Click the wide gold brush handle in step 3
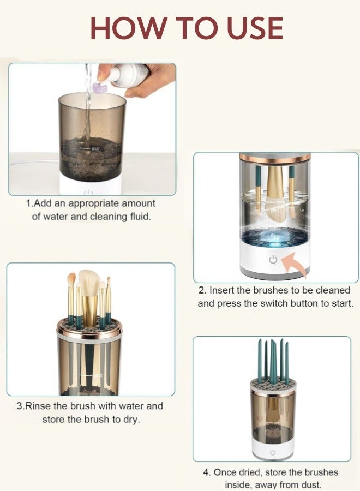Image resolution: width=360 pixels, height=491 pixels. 90,310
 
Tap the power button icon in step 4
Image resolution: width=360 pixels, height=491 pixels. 273,453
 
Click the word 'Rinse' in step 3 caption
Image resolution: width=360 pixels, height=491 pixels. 38,406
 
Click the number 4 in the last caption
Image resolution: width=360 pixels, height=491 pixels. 206,472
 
